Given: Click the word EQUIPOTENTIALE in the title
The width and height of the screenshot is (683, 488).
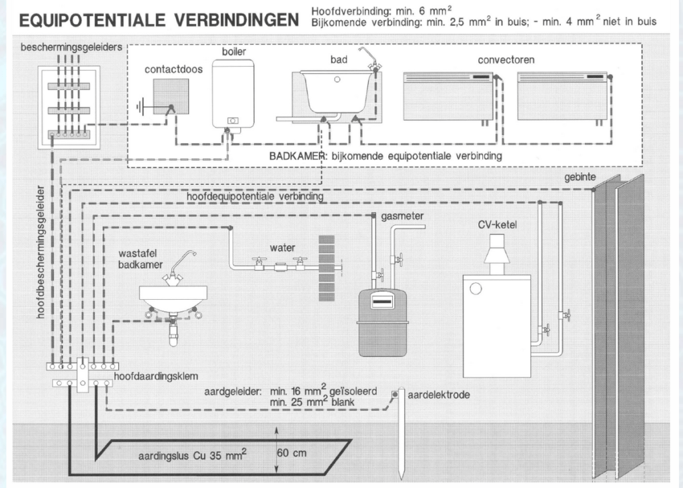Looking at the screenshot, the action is (92, 19).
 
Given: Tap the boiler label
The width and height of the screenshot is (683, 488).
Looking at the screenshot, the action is (234, 51).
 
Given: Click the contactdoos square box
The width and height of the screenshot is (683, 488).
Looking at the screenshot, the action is (171, 96).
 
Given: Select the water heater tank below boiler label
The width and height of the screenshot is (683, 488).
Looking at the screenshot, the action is (233, 93).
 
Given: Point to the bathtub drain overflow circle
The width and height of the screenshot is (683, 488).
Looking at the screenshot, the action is (337, 79).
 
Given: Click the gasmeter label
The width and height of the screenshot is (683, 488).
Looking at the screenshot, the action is (402, 216).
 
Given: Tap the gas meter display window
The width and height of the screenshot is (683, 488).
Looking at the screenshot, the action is (382, 300).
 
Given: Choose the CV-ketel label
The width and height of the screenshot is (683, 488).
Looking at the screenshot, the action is (497, 224).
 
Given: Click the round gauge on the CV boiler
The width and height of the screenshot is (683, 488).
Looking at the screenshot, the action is (476, 288).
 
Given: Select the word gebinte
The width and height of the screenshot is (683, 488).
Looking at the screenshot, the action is (580, 177).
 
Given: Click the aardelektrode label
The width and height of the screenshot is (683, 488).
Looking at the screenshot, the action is (439, 395).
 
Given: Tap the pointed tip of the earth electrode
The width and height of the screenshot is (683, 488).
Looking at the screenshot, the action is (401, 479).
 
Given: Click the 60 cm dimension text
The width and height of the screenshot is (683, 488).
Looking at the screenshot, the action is (291, 453).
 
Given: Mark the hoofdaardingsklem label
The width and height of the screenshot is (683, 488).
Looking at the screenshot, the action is (156, 377).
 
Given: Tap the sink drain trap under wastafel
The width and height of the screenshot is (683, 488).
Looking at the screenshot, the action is (173, 331).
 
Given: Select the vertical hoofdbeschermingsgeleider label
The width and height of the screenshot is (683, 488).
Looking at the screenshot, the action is (41, 252).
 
